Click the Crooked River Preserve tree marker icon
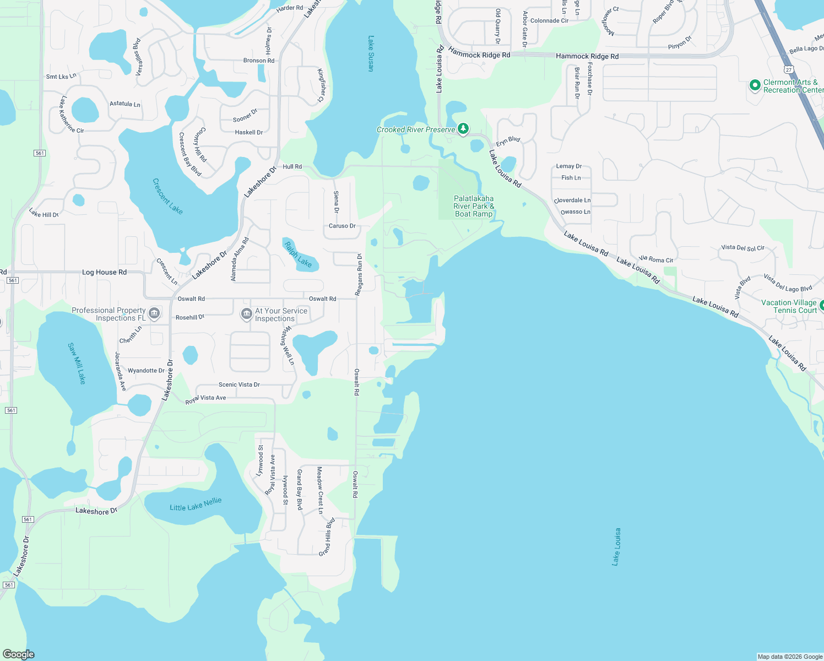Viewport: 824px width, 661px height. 463,129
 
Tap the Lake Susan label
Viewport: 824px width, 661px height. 371,54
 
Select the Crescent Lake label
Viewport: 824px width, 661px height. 167,196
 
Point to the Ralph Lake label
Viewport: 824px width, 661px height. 298,254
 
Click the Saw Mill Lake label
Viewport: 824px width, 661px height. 77,363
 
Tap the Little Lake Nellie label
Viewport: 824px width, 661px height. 196,504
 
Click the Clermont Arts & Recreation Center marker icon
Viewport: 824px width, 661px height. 755,85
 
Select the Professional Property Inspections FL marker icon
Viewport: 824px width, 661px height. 154,313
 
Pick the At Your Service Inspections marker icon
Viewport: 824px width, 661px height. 247,314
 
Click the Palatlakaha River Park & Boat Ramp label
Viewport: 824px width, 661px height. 474,206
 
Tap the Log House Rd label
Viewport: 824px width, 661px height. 104,272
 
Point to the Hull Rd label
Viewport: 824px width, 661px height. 292,166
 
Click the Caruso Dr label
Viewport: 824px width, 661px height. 342,226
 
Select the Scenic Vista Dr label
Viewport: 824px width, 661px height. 239,384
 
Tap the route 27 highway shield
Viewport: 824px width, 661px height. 789,70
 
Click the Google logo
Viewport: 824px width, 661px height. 19,654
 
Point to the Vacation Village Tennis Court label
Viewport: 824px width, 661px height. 789,306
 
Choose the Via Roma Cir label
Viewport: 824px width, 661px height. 655,259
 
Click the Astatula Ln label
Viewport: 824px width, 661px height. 125,104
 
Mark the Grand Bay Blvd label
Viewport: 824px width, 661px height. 300,490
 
